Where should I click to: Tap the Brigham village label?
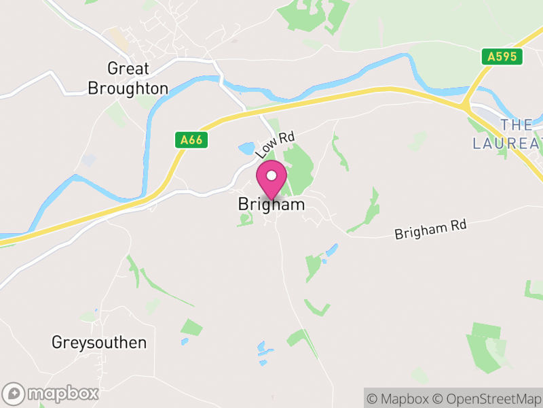(x=271, y=204)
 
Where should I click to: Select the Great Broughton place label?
(x=128, y=78)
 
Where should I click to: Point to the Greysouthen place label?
(x=99, y=342)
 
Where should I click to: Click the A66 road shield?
(x=190, y=140)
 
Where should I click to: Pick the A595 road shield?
(x=503, y=56)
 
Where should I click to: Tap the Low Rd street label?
(x=275, y=145)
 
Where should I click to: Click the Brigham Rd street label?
(x=431, y=229)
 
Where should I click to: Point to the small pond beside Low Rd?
(x=246, y=148)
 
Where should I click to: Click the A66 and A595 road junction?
(x=465, y=105)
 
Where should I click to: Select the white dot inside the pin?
(x=271, y=175)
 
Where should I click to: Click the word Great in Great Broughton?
(x=128, y=68)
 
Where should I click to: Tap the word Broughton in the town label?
(x=128, y=88)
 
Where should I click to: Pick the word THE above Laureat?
(x=517, y=124)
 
